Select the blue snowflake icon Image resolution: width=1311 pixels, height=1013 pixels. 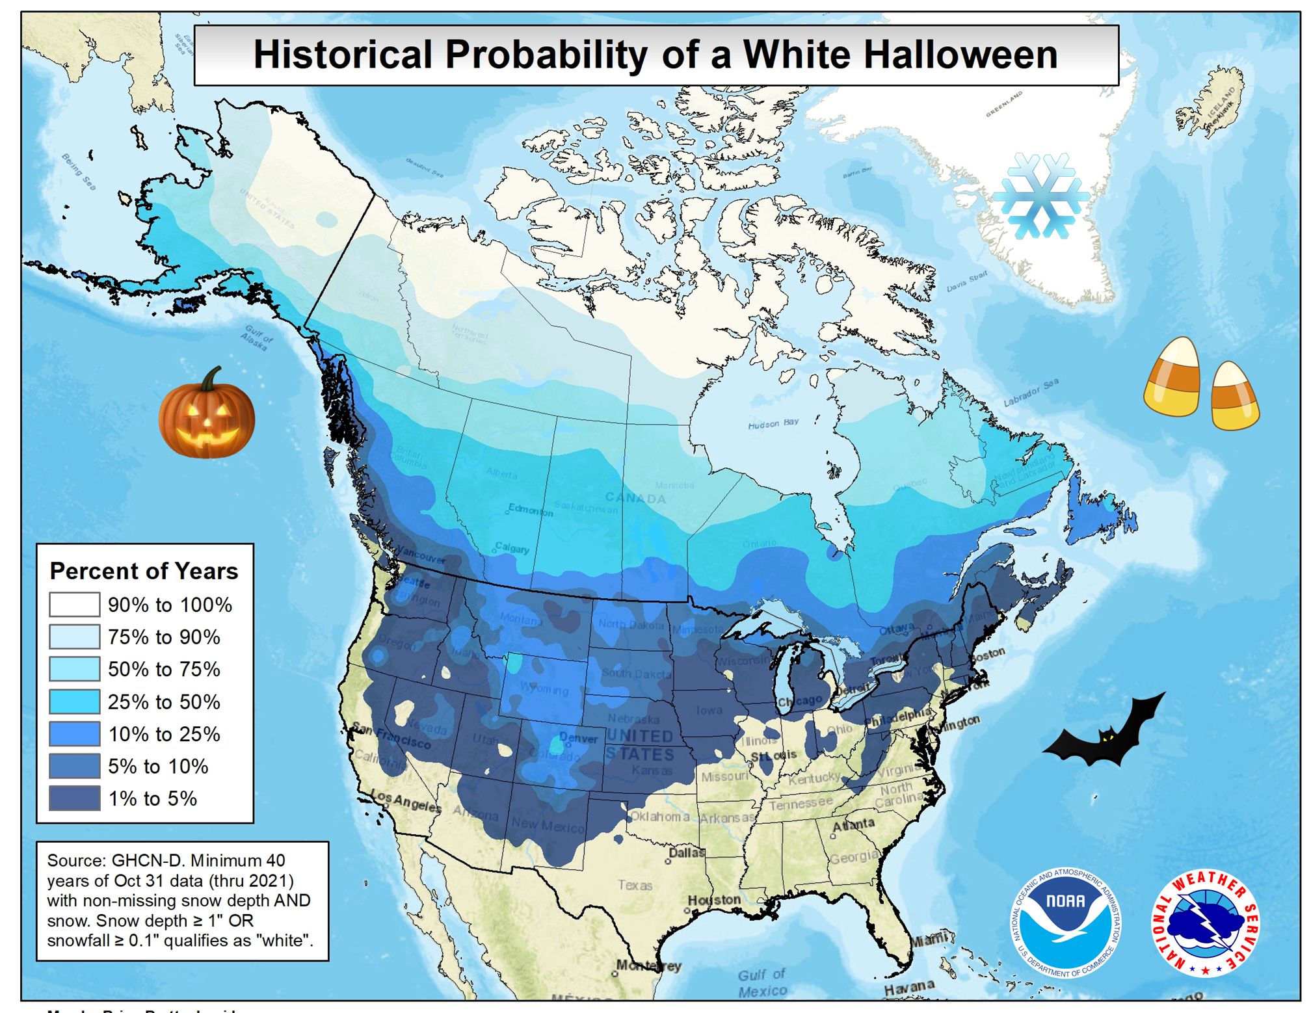(x=1041, y=196)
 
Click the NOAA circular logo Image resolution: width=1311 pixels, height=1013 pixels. (x=1066, y=922)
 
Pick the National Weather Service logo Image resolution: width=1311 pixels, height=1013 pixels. (x=1205, y=922)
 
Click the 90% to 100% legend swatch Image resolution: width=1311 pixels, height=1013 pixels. (x=75, y=605)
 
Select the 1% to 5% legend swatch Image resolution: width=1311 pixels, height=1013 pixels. (x=75, y=798)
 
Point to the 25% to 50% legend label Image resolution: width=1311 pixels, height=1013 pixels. (x=164, y=702)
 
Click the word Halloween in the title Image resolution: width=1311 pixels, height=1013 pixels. (x=901, y=55)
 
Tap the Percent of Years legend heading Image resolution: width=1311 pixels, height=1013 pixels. (x=144, y=571)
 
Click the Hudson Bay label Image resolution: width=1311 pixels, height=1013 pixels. (x=773, y=424)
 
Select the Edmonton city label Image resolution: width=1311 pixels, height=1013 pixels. (x=531, y=510)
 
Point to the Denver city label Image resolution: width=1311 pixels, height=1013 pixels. (x=578, y=739)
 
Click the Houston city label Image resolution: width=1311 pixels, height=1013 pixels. (x=715, y=900)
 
